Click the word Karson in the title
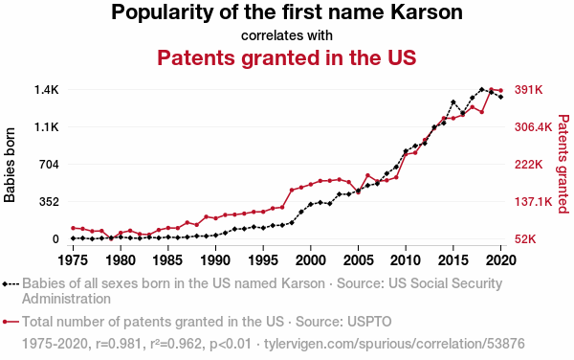pos(427,11)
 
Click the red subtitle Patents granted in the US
pos(287,57)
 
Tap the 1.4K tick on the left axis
pos(47,90)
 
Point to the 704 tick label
pos(49,165)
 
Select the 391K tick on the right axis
pos(529,90)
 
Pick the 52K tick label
pos(525,239)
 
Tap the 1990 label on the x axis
pos(215,260)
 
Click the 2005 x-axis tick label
pos(359,260)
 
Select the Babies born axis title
pos(10,165)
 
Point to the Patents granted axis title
pos(563,164)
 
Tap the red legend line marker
pos(11,322)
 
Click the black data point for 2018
pos(482,89)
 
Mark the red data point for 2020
pos(500,90)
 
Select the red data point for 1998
pos(292,191)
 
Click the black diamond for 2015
pos(453,102)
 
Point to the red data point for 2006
pos(368,175)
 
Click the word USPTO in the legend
pos(369,322)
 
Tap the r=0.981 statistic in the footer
pos(119,344)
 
